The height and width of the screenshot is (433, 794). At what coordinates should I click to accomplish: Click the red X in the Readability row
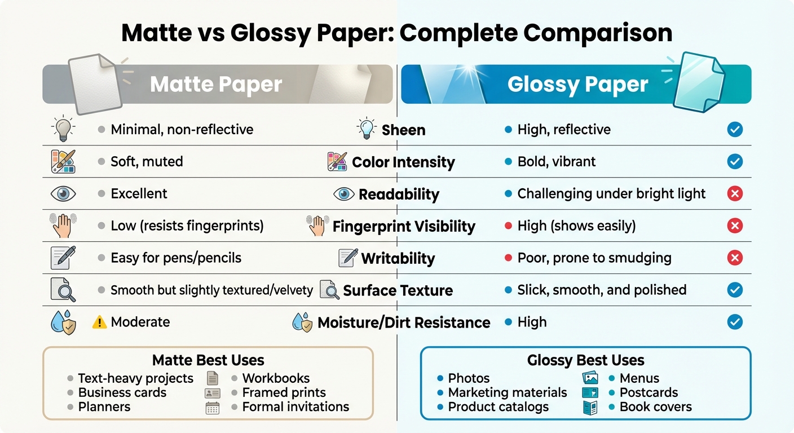(x=734, y=194)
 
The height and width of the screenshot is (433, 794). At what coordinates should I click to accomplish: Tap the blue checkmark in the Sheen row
(x=734, y=130)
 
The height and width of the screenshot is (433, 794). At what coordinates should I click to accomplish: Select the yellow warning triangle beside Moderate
(x=99, y=322)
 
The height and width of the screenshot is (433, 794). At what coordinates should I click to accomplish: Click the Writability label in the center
(x=398, y=258)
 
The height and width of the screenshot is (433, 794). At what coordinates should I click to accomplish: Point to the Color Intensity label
(x=403, y=162)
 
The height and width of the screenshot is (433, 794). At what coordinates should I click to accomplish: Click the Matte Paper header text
(x=216, y=85)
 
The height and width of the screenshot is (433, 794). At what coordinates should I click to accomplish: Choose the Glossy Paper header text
(x=577, y=85)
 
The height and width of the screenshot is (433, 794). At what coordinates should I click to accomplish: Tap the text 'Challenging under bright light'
(x=611, y=194)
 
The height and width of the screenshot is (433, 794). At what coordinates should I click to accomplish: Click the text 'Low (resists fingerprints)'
(x=187, y=226)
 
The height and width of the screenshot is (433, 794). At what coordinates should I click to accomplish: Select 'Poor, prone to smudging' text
(x=594, y=258)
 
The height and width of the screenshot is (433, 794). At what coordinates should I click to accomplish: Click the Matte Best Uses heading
(x=208, y=360)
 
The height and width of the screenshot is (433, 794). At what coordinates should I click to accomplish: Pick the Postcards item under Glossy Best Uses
(x=649, y=392)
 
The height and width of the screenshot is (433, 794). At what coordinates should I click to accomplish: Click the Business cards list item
(x=122, y=392)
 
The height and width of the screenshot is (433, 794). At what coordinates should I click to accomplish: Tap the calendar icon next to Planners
(x=213, y=408)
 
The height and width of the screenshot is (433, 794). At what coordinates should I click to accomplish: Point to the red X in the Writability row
(x=734, y=258)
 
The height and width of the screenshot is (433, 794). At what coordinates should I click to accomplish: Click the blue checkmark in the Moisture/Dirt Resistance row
(x=734, y=322)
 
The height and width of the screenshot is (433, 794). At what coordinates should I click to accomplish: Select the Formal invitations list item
(x=295, y=407)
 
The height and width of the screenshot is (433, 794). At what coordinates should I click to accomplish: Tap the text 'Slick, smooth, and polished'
(x=602, y=290)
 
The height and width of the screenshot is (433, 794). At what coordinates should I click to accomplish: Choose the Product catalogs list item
(x=498, y=407)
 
